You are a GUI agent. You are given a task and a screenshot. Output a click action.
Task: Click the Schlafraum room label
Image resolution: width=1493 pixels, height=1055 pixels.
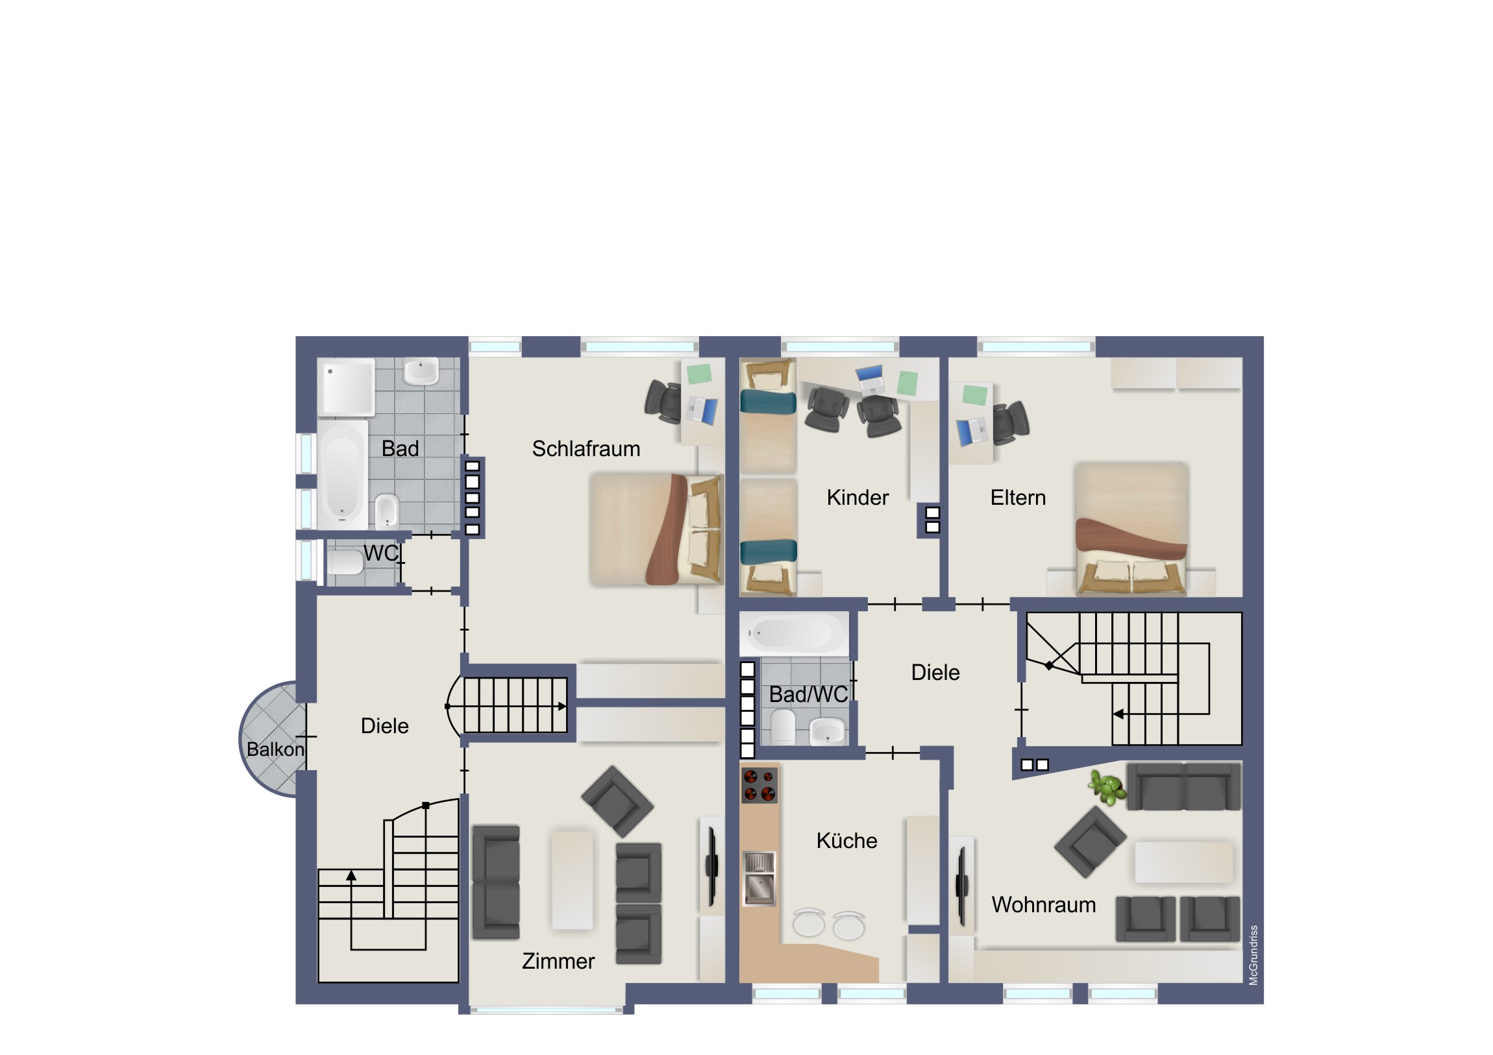[586, 448]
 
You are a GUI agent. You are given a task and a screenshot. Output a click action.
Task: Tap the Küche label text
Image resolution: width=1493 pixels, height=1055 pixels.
[846, 840]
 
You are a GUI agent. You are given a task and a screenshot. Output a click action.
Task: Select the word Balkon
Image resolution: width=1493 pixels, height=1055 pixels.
[275, 749]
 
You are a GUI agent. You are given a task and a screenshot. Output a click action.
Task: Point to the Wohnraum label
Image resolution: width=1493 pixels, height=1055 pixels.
[1044, 904]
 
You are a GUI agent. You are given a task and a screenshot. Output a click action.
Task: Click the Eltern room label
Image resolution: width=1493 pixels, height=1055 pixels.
[1018, 497]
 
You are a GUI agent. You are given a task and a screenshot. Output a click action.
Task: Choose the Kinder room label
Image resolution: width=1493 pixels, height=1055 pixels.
[858, 497]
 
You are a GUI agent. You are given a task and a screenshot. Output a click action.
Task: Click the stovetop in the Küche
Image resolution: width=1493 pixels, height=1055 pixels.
[759, 784]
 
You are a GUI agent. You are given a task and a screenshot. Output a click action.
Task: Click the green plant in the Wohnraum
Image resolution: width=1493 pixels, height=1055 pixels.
[1107, 787]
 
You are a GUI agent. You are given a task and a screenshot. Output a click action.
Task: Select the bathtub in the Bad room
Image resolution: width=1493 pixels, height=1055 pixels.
[343, 474]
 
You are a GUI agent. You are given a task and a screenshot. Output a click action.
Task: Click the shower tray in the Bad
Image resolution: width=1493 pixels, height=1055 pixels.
[346, 387]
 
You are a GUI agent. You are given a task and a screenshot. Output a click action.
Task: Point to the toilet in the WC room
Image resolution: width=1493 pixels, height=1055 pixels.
[345, 562]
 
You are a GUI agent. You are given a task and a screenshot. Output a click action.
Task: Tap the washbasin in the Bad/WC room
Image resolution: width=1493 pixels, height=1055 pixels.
[828, 731]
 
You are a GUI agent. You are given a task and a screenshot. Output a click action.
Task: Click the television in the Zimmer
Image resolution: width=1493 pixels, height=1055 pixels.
[712, 866]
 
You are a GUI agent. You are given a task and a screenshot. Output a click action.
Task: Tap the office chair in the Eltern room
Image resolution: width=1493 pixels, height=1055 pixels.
[1011, 423]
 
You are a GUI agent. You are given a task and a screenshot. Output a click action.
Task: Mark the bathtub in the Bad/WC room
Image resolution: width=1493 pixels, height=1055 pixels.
[794, 633]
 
